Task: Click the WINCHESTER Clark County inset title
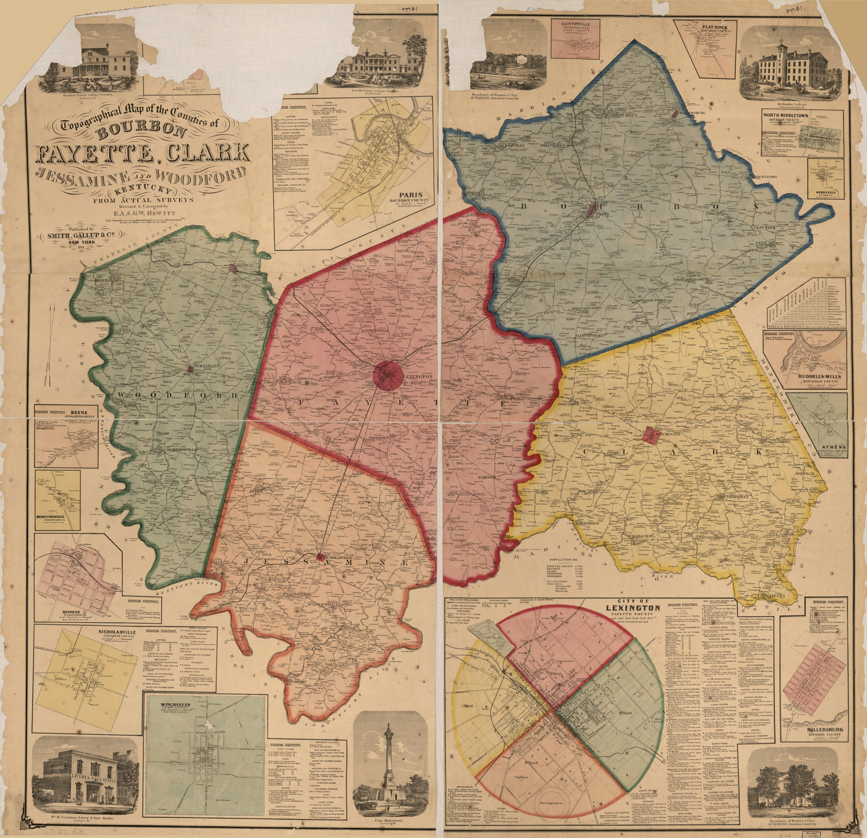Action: (x=175, y=704)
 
